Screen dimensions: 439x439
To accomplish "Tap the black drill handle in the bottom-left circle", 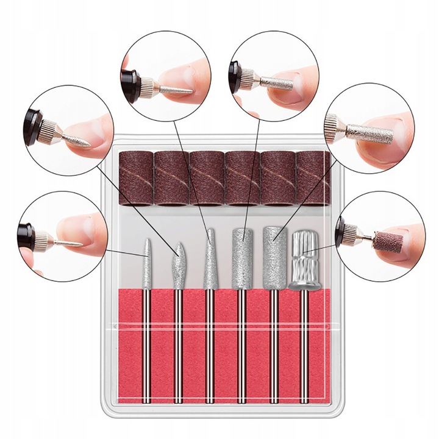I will coord(29,232).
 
